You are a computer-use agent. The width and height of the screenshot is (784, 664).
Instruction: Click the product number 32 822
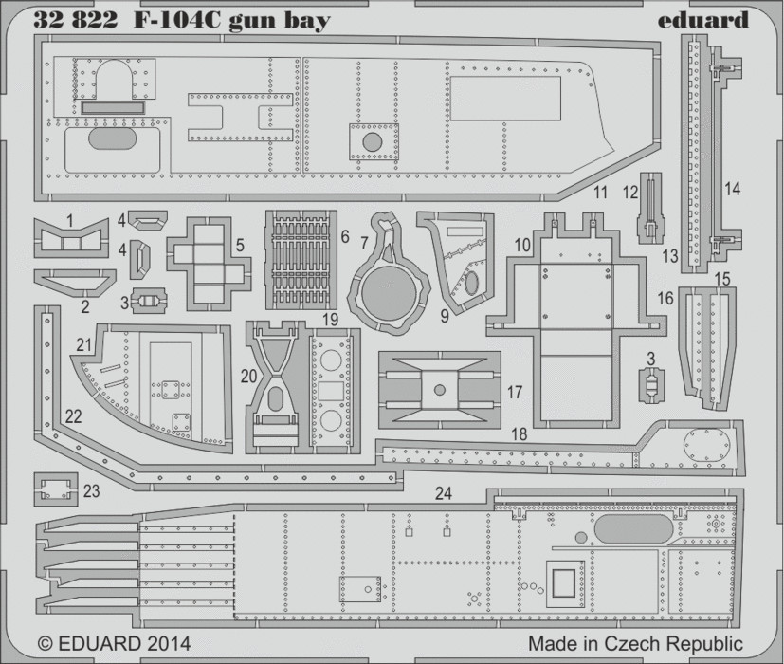[76, 20]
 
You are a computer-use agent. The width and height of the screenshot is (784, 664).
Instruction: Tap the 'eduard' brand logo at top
[702, 20]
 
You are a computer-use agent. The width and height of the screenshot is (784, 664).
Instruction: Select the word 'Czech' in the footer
[634, 642]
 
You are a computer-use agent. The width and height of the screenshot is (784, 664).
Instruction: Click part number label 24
[443, 493]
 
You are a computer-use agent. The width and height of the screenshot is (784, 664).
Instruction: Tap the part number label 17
[515, 393]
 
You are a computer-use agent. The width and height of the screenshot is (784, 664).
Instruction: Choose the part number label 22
[73, 416]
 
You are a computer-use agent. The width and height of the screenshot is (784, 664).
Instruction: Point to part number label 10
[522, 245]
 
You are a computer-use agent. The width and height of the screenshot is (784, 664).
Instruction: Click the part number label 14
[733, 189]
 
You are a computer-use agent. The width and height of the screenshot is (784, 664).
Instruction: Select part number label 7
[364, 243]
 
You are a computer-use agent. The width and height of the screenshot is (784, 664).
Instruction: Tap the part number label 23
[92, 490]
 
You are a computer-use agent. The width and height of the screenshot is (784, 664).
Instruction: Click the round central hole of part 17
[440, 389]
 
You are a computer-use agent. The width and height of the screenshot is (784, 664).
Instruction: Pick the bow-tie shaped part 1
[71, 239]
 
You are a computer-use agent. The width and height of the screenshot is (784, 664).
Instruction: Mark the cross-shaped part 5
[209, 264]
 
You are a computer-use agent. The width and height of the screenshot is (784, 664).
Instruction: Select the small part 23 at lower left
[56, 489]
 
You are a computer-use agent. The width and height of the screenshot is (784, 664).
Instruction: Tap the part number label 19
[331, 320]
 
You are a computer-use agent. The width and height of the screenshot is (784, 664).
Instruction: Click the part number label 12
[631, 193]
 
